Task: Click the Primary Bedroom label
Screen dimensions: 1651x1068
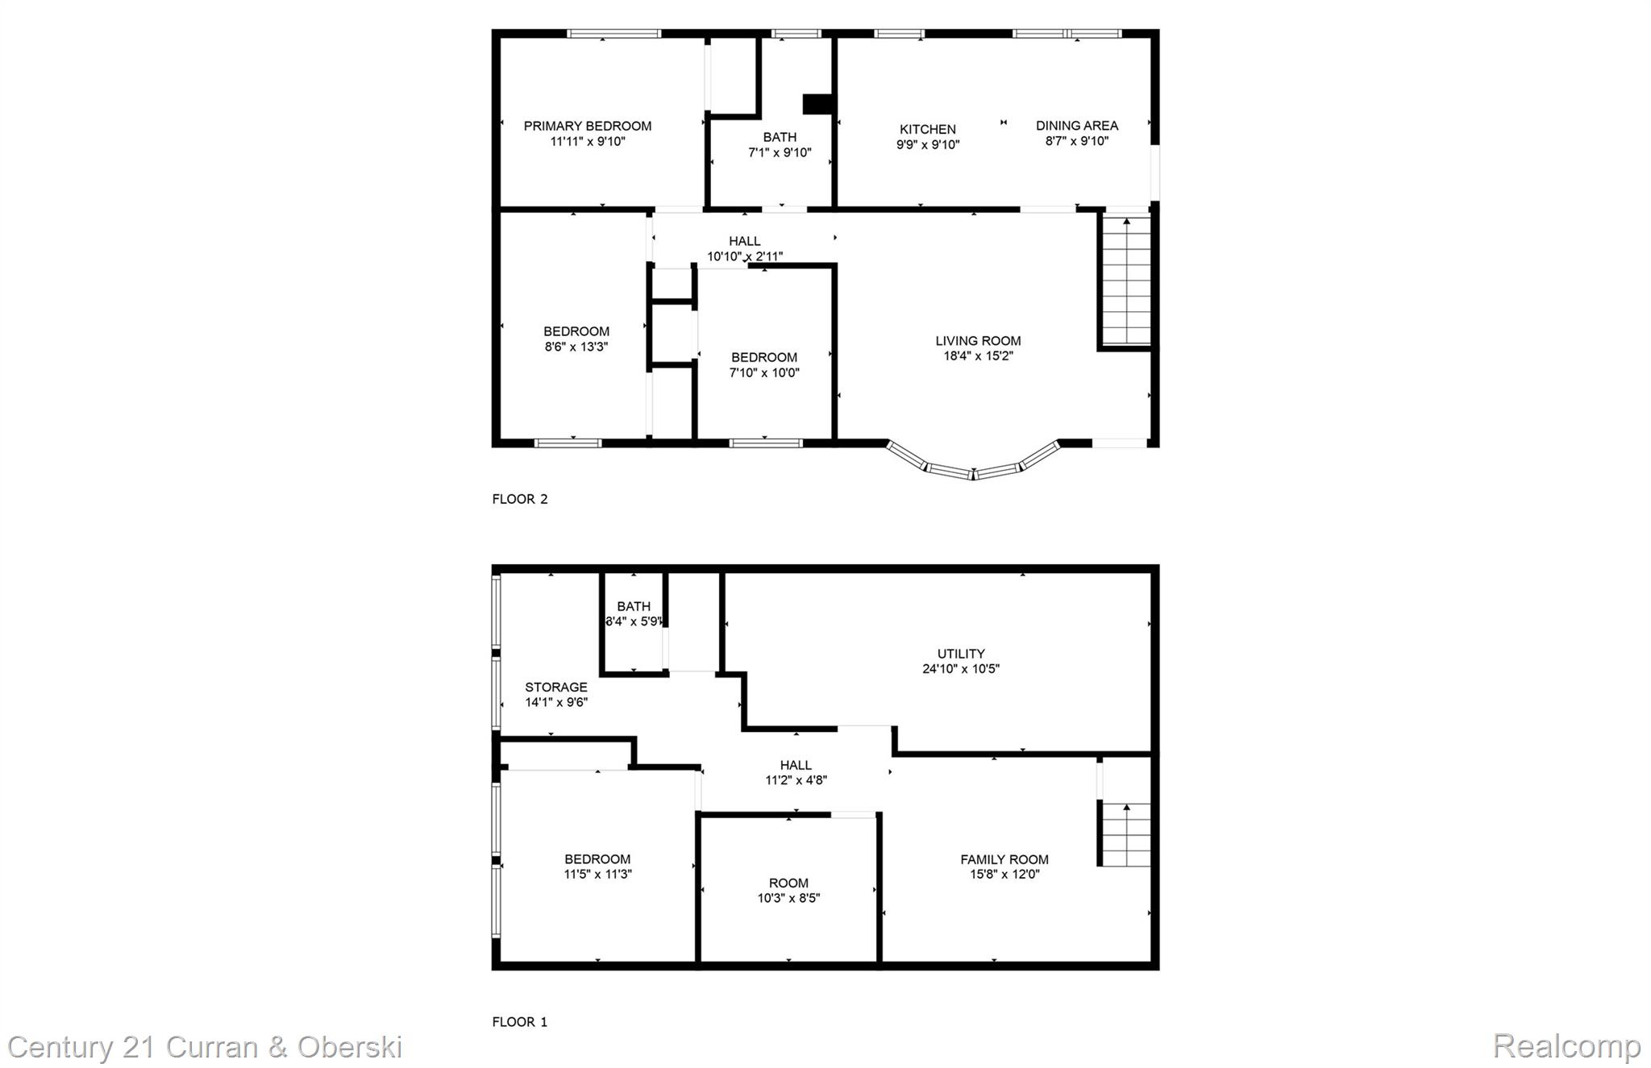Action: click(588, 126)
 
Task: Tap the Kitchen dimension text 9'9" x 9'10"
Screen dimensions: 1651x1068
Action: click(928, 145)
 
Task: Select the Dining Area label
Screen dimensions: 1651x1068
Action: click(1077, 126)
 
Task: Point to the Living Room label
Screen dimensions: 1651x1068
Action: click(978, 341)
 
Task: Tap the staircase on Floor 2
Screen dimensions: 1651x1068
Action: click(1126, 280)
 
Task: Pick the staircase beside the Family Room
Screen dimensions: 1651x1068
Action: click(1126, 834)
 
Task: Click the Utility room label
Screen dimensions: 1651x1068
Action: click(961, 654)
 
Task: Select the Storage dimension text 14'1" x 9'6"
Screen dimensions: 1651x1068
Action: click(556, 702)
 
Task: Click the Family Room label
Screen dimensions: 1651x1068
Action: click(1004, 859)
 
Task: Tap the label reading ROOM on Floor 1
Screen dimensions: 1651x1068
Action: click(788, 883)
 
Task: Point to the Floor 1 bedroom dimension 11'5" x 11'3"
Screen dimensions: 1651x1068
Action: click(597, 874)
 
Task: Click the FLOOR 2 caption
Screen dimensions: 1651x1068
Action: click(520, 499)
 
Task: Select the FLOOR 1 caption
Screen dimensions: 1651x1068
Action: click(520, 1022)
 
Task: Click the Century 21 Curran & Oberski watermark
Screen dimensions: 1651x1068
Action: click(205, 1047)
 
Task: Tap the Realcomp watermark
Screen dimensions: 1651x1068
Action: click(1566, 1047)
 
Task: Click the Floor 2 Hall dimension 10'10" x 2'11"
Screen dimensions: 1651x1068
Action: click(745, 256)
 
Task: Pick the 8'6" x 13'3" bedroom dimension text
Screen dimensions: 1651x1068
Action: click(576, 347)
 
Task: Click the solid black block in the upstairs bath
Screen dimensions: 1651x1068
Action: click(817, 105)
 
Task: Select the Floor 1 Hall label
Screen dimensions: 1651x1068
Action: click(796, 765)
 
